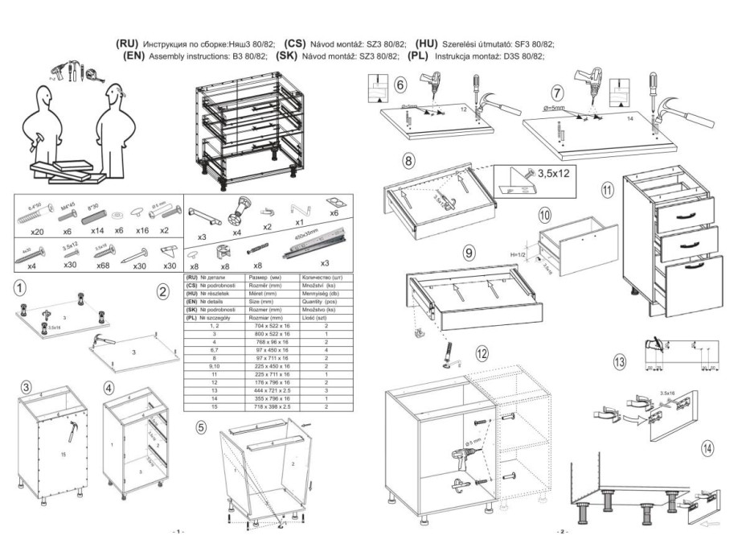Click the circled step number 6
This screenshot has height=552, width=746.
point(400,84)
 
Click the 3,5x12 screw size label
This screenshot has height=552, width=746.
point(551,172)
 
